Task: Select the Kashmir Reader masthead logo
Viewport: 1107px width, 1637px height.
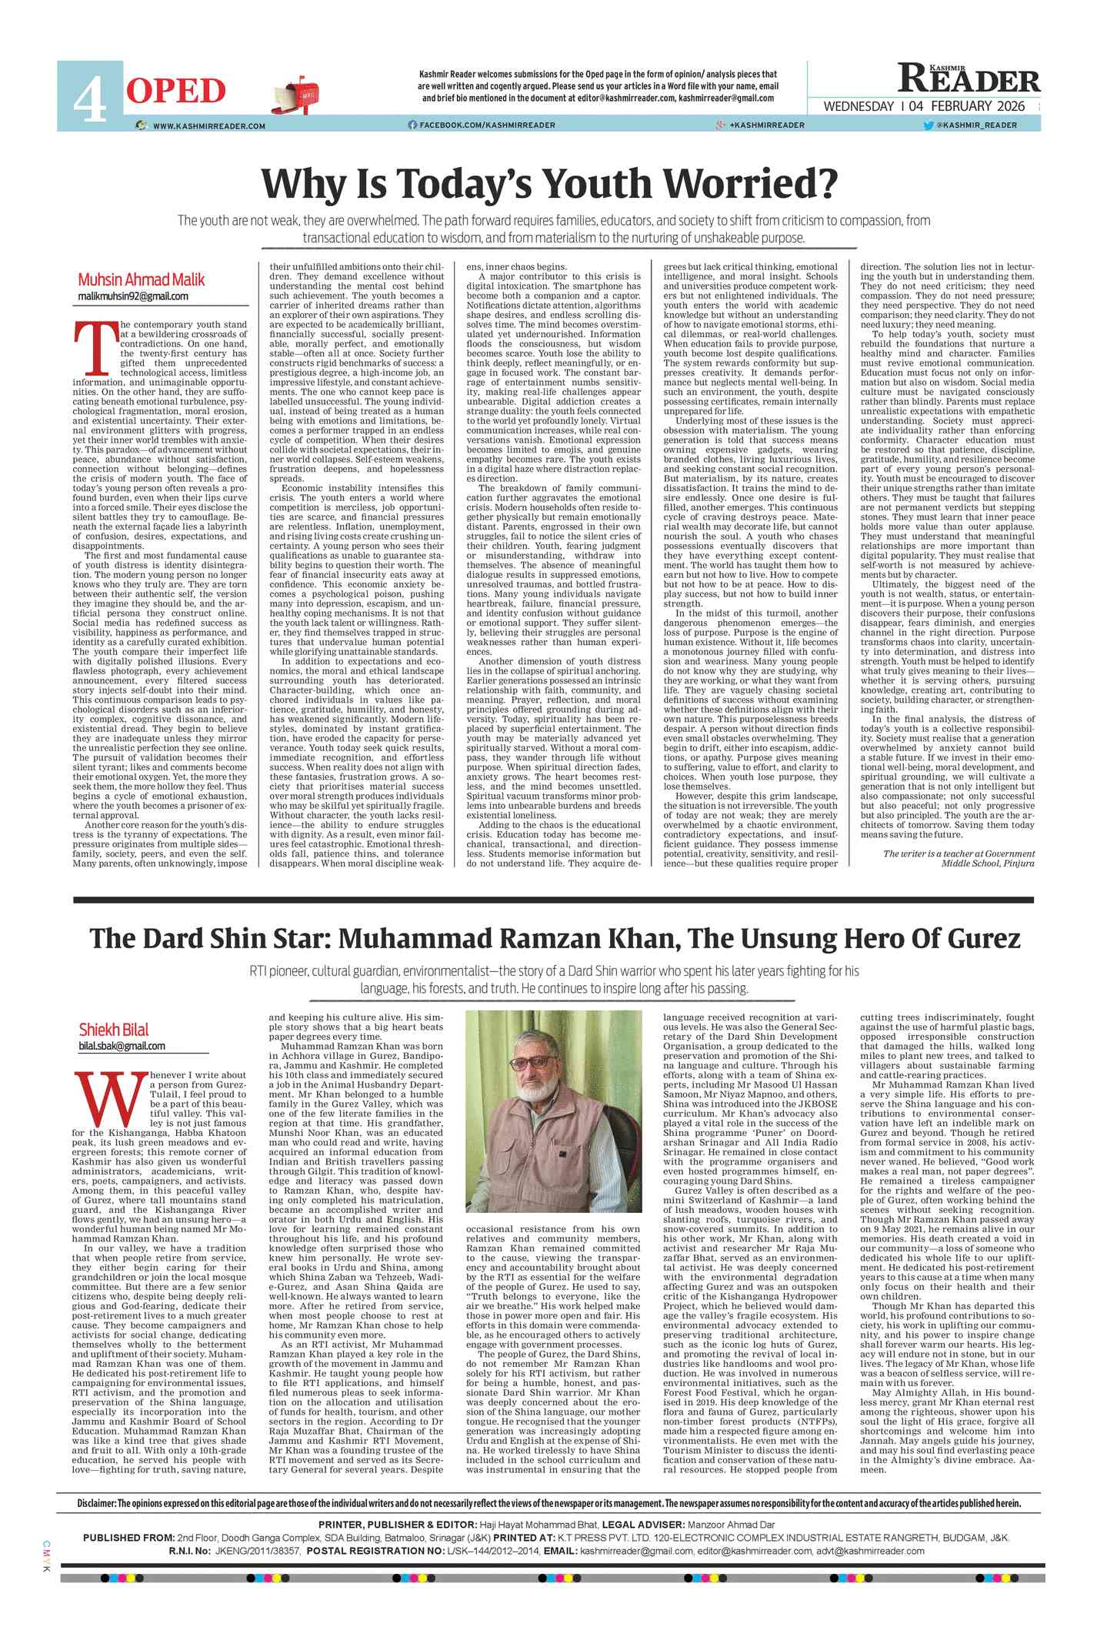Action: tap(969, 79)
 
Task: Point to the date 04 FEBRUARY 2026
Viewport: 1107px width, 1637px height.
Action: tap(967, 107)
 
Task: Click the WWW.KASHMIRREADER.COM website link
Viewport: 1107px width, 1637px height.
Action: tap(208, 126)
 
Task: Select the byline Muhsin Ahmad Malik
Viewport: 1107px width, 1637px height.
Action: tap(141, 279)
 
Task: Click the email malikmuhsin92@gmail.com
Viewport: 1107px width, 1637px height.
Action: tap(132, 296)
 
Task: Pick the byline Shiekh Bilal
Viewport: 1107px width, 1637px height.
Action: tap(114, 1030)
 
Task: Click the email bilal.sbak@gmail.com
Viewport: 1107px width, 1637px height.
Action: tap(122, 1046)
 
